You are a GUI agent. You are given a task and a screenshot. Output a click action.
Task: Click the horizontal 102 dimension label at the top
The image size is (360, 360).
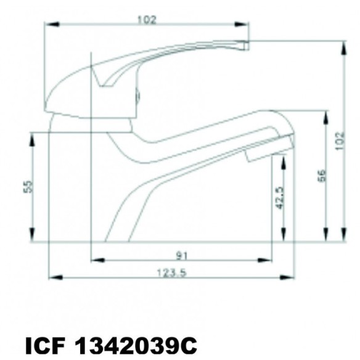(147, 19)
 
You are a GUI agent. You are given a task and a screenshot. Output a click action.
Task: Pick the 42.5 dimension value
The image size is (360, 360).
(279, 198)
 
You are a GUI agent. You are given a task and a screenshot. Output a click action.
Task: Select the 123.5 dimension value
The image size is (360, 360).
(171, 274)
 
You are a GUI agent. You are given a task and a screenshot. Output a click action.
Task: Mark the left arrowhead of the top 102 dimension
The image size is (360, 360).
(49, 25)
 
